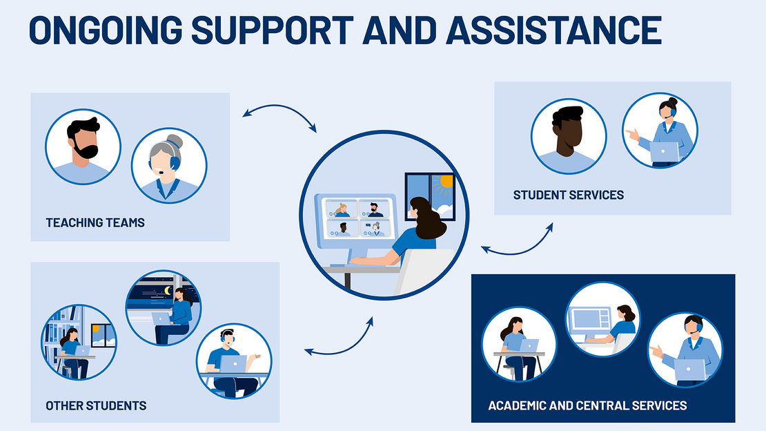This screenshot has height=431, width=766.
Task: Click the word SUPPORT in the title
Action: pos(272,30)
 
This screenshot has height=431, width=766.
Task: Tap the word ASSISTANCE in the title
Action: pos(554,30)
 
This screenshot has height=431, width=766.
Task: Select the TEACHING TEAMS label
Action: pos(95,223)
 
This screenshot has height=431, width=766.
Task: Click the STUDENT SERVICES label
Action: pos(568,195)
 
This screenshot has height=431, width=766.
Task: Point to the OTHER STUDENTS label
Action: pos(96,406)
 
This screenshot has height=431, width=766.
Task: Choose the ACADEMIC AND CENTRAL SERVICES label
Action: pos(587,405)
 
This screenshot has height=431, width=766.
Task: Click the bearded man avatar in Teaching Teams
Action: pos(83,146)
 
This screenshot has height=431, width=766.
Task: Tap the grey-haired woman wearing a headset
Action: pos(169,165)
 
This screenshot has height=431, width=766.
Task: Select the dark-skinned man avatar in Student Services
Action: pos(569,136)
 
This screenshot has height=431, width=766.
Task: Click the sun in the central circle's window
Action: pos(445,182)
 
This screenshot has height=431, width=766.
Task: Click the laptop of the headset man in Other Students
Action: pos(233,363)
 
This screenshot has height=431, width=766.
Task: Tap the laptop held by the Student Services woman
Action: pos(664,152)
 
